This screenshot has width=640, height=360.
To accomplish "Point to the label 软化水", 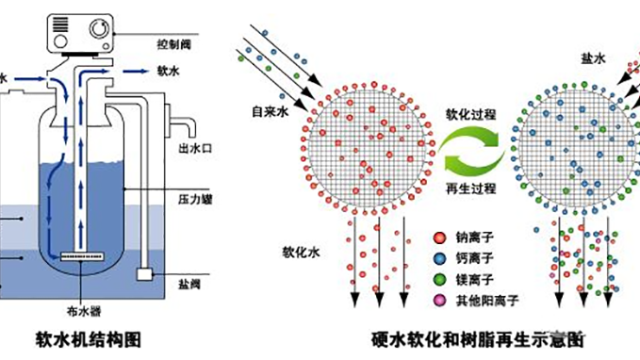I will click(300, 254).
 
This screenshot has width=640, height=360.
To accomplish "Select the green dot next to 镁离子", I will click(437, 280).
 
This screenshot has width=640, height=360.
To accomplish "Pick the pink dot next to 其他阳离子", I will click(437, 299).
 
